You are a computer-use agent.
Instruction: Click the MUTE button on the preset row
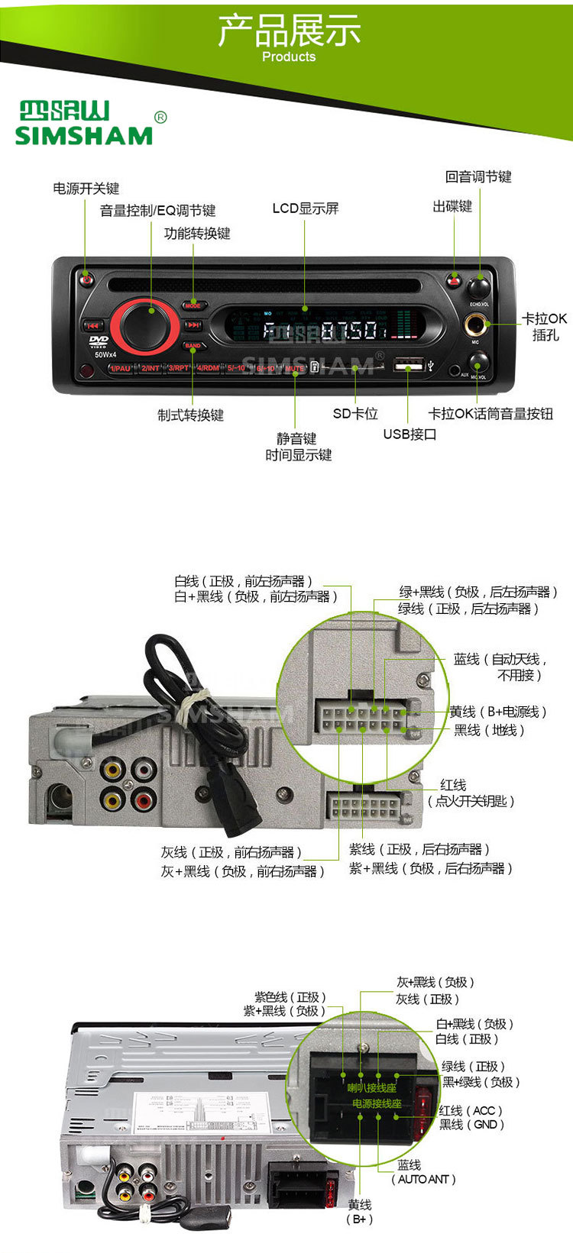click(x=294, y=368)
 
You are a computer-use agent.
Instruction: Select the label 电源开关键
click(x=86, y=189)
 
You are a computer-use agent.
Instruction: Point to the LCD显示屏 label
click(x=305, y=208)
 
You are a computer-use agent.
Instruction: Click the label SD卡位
click(x=355, y=414)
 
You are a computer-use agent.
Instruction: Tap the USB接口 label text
click(x=410, y=434)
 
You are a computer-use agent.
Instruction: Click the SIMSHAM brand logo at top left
click(x=84, y=124)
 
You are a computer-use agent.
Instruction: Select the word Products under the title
click(x=288, y=57)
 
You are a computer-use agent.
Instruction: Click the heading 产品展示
click(x=289, y=31)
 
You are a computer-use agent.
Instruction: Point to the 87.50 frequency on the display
click(x=348, y=331)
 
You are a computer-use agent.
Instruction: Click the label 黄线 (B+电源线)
click(x=497, y=712)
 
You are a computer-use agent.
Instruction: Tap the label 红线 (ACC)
click(x=471, y=1110)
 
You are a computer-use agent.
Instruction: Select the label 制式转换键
click(x=190, y=415)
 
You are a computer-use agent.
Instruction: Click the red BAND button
click(x=193, y=345)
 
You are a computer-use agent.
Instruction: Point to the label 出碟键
click(x=452, y=206)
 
